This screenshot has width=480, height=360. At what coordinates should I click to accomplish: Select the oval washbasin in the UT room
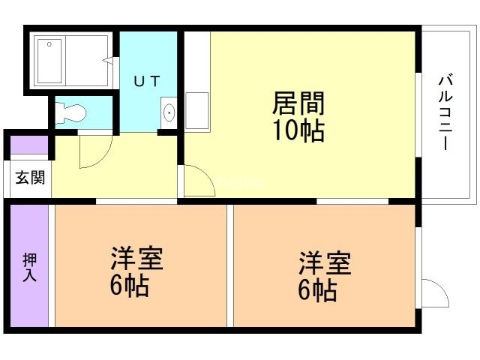pyautogui.click(x=169, y=113)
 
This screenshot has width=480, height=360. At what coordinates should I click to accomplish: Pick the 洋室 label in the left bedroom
pyautogui.click(x=136, y=259)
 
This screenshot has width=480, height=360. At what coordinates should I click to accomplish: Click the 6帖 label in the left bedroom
pyautogui.click(x=129, y=286)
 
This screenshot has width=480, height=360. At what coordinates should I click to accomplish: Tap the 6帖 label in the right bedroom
pyautogui.click(x=316, y=289)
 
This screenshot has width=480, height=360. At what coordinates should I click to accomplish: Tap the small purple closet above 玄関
pyautogui.click(x=28, y=145)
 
